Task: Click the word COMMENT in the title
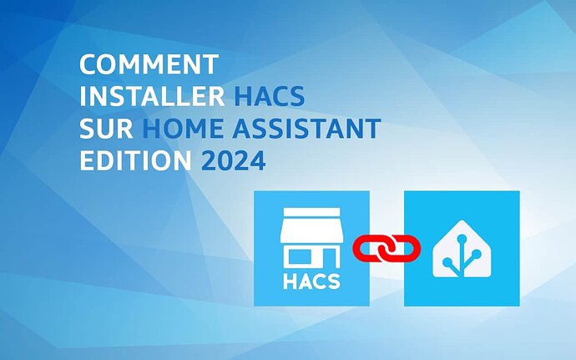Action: (149, 64)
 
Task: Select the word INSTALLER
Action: (152, 96)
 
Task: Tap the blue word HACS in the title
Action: (270, 96)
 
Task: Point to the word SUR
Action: (106, 129)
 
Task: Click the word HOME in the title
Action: (183, 129)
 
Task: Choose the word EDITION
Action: (135, 160)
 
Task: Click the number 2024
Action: (234, 160)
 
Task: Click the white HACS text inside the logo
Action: (311, 281)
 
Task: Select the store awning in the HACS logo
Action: (311, 225)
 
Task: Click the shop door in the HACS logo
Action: (329, 258)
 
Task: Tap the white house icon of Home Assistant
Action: (462, 249)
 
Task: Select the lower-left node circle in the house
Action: (447, 262)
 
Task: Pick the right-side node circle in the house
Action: (476, 254)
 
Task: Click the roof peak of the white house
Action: (462, 221)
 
